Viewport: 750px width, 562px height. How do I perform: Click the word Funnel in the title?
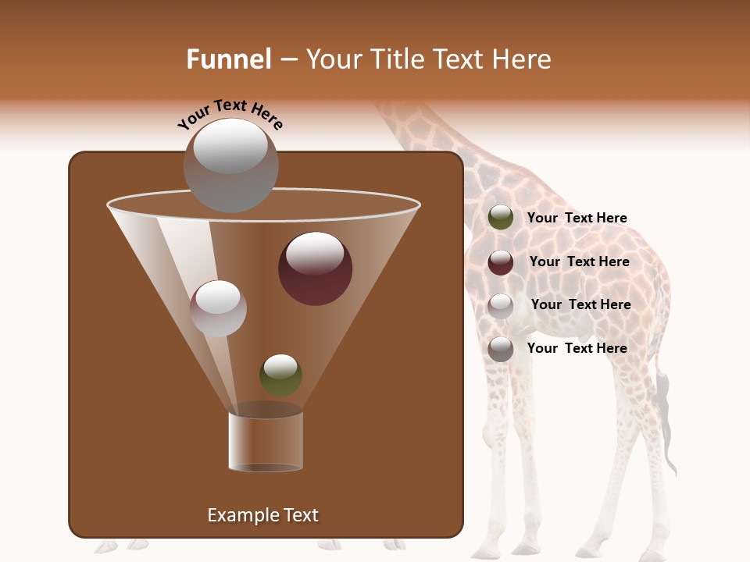229,59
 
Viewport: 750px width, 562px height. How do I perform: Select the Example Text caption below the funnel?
262,515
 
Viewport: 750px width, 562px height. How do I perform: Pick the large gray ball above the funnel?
230,165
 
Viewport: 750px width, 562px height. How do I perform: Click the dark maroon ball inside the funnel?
315,268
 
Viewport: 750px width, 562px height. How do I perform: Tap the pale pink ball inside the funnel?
218,308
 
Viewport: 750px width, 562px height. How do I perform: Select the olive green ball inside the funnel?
280,375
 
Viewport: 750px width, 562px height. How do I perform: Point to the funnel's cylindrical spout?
266,442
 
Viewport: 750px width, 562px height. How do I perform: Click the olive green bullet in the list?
500,218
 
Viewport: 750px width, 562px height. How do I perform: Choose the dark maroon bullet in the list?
500,262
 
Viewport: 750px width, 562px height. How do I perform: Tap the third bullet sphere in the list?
500,306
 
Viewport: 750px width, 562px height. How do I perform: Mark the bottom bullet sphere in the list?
500,349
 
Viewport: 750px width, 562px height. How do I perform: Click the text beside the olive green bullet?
577,218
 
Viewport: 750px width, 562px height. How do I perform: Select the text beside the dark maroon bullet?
579,261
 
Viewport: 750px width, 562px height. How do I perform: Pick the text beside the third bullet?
580,304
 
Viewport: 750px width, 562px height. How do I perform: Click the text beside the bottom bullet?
577,348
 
